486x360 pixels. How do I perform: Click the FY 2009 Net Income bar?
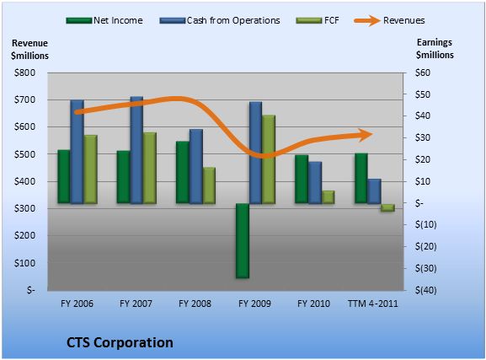243,241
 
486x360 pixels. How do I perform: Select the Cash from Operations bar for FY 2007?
136,150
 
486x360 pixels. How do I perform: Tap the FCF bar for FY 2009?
269,159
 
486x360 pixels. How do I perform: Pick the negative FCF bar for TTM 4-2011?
387,208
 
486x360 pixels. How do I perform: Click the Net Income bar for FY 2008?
183,173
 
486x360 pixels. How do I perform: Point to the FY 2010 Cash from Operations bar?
315,183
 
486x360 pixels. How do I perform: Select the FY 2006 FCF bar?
90,169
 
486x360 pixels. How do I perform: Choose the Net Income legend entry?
104,20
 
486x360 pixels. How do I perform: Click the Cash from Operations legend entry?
220,20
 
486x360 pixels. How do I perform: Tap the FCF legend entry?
318,20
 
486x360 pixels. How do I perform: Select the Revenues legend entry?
389,20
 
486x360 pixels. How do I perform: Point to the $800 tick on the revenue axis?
24,73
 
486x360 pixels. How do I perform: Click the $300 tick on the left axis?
24,208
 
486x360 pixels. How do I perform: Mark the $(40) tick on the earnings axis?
426,290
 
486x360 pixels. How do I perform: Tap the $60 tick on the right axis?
423,73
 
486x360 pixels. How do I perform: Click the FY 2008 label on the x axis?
195,304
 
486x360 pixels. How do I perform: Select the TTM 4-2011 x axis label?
373,304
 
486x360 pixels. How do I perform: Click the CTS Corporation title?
120,342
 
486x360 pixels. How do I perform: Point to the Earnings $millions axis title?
435,48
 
